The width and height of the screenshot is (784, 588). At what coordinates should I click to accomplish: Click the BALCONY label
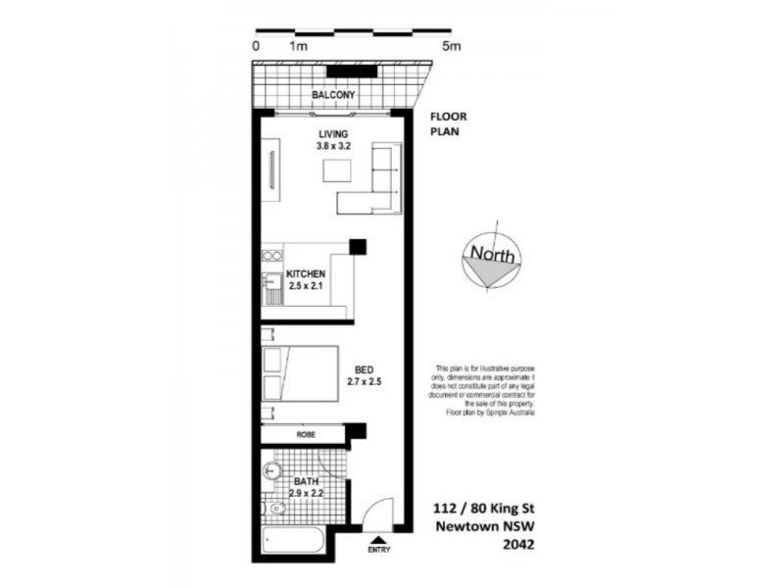click(332, 95)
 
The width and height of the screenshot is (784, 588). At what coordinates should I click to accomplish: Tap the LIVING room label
click(333, 133)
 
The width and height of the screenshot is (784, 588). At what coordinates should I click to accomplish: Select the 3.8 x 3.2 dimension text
click(333, 146)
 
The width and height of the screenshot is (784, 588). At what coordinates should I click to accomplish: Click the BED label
click(365, 368)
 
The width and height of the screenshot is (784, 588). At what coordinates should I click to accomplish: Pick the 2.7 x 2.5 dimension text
click(365, 381)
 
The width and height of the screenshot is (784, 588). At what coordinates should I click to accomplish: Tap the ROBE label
click(305, 433)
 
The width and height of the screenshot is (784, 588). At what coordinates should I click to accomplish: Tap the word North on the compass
click(492, 254)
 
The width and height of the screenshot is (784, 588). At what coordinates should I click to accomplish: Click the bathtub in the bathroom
click(295, 541)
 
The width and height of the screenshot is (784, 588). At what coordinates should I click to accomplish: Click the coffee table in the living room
click(337, 170)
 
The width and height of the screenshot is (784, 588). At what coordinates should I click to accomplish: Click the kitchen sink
click(270, 290)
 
